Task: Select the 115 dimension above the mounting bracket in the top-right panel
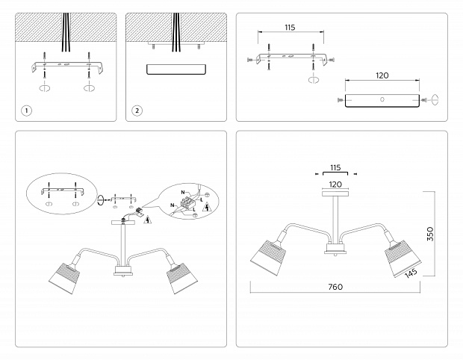click(x=290, y=28)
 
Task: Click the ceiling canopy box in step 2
click(x=175, y=69)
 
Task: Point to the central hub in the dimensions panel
click(x=333, y=249)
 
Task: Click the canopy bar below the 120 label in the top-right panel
click(x=382, y=99)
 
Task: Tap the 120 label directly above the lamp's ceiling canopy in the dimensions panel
click(x=335, y=183)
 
